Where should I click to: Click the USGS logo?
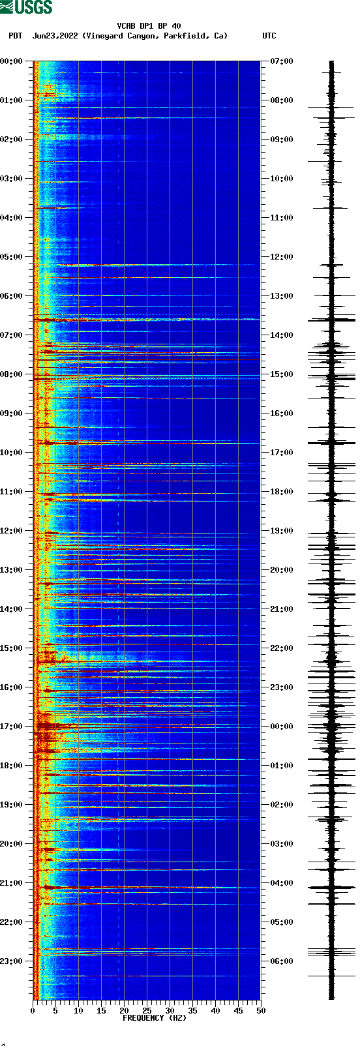[x=26, y=7]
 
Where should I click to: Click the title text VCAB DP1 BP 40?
[x=149, y=26]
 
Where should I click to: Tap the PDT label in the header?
[x=15, y=36]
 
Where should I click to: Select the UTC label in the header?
[x=269, y=36]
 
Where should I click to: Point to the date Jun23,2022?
[x=55, y=36]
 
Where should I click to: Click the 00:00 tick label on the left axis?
[x=12, y=61]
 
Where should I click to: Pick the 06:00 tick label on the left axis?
[x=12, y=296]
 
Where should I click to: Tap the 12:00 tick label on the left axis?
[x=12, y=531]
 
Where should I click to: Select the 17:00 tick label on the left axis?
[x=12, y=727]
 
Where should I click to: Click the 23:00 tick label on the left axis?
[x=12, y=961]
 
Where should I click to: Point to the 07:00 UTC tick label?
[x=282, y=61]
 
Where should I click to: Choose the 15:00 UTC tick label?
[x=282, y=374]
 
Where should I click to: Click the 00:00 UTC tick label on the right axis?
[x=282, y=727]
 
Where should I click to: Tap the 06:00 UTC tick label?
[x=282, y=961]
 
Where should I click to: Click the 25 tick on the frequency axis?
[x=147, y=1011]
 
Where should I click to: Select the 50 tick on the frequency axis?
[x=260, y=1011]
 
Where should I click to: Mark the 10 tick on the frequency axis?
[x=78, y=1011]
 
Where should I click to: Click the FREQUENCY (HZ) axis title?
[x=155, y=1018]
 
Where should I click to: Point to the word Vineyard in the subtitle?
[x=105, y=36]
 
